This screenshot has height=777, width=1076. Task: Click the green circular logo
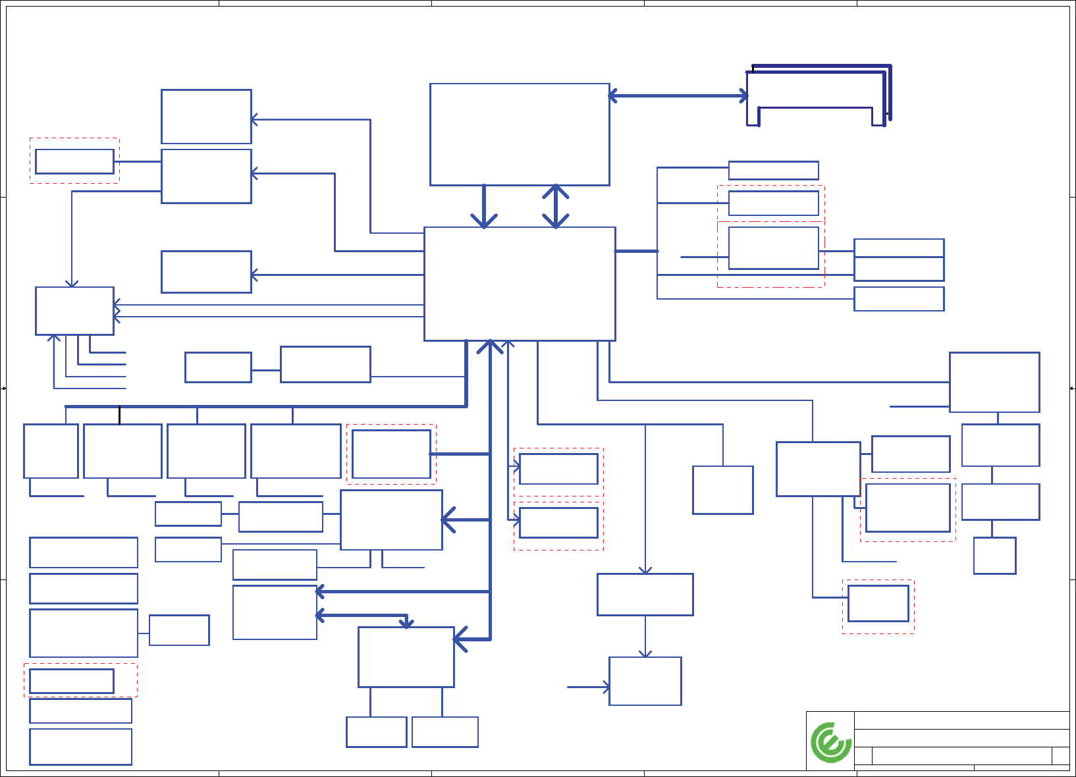click(831, 742)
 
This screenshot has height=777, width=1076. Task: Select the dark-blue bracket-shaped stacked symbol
click(819, 95)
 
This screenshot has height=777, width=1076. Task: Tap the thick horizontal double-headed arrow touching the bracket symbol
click(678, 96)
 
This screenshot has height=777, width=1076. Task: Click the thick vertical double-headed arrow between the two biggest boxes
click(556, 206)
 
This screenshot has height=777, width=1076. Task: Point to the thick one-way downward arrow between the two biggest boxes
click(484, 206)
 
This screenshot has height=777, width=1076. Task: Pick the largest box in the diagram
click(520, 284)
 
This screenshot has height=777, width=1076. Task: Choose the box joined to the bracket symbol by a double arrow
click(520, 134)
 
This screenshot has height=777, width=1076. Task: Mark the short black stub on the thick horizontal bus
click(119, 415)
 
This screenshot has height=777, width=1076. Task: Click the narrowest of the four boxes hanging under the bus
click(51, 451)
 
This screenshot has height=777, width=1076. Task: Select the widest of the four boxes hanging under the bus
click(296, 451)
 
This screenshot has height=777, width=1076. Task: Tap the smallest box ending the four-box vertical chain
click(994, 555)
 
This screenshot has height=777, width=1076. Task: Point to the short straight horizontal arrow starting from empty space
click(588, 687)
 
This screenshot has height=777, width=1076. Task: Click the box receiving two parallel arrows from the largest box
click(74, 311)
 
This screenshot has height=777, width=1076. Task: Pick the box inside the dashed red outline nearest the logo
click(878, 603)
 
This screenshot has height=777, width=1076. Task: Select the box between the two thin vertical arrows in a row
click(645, 594)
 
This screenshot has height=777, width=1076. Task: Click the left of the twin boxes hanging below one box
click(376, 732)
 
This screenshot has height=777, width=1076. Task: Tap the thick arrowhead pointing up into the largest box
click(490, 345)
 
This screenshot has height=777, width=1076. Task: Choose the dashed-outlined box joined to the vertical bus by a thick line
click(391, 454)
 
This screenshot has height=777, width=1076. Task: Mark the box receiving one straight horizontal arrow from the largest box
click(206, 272)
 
